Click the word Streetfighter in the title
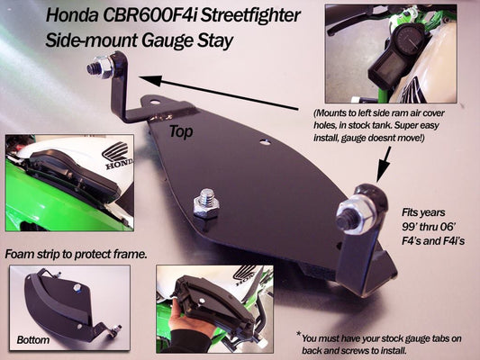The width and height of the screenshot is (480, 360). [250, 16]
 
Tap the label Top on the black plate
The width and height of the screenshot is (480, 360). [181, 131]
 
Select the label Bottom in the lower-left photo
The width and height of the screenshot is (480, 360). [32, 340]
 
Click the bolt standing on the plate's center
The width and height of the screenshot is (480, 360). [206, 202]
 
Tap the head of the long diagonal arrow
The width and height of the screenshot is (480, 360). [150, 80]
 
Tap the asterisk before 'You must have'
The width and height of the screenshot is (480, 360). [298, 334]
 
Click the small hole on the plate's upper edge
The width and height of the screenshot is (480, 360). [264, 141]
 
